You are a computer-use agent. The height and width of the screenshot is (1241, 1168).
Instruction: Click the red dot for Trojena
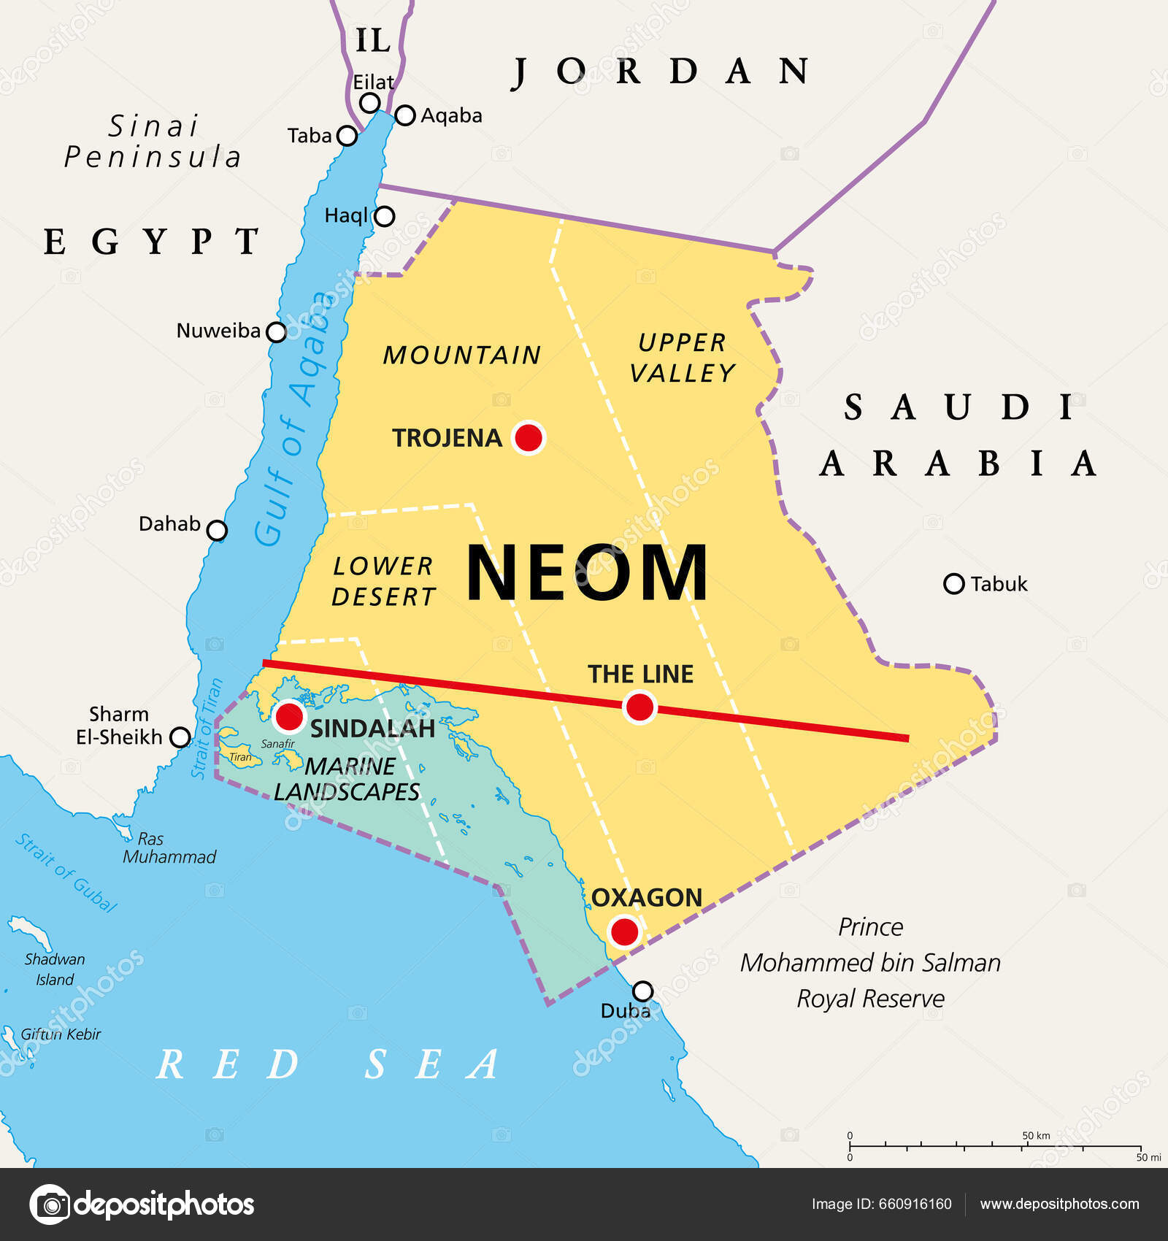click(x=529, y=437)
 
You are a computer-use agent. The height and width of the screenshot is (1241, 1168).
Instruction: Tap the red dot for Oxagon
click(x=624, y=932)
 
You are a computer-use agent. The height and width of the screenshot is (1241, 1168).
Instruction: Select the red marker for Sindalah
click(x=289, y=716)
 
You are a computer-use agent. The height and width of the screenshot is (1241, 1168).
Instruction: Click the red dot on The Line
click(x=639, y=707)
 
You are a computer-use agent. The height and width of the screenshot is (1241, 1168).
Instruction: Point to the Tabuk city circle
click(x=953, y=583)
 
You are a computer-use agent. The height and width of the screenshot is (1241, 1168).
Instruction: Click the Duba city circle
click(x=642, y=991)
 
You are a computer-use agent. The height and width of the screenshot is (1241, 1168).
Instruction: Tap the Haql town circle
click(x=384, y=216)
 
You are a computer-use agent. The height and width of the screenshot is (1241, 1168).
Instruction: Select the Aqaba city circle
click(x=405, y=115)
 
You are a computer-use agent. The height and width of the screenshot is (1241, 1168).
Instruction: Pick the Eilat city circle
click(x=370, y=102)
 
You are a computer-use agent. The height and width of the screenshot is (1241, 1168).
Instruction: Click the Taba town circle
click(x=347, y=136)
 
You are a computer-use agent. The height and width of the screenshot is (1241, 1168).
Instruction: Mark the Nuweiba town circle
click(x=276, y=332)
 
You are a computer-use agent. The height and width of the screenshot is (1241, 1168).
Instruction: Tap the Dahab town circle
click(x=217, y=530)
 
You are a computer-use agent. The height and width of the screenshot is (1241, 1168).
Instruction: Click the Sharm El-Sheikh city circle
click(x=180, y=737)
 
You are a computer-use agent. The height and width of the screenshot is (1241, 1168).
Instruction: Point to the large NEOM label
click(x=587, y=573)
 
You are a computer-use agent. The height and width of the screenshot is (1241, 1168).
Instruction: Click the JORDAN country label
click(x=661, y=72)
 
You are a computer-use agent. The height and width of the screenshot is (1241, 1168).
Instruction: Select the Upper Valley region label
click(x=682, y=358)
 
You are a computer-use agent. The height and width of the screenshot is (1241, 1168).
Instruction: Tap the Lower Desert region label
click(x=383, y=581)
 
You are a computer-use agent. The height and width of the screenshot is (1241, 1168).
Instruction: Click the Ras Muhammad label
click(x=169, y=848)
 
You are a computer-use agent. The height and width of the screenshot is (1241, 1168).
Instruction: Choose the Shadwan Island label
click(x=55, y=969)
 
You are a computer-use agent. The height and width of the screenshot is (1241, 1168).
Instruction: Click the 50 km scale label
click(x=1036, y=1135)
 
